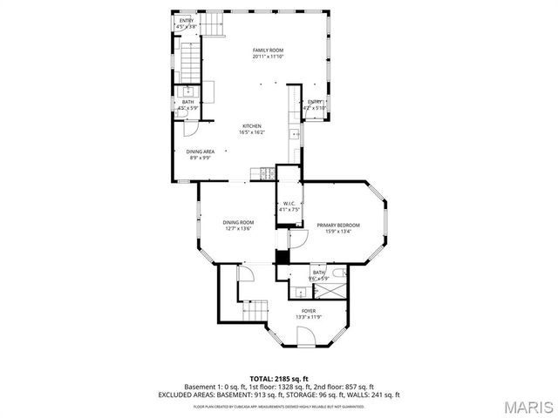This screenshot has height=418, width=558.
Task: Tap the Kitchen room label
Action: (252, 126)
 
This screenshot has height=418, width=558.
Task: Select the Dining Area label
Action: (201, 152)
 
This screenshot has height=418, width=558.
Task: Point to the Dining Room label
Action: (238, 222)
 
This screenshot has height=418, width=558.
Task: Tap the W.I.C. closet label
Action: (289, 204)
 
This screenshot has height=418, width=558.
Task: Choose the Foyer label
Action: (309, 311)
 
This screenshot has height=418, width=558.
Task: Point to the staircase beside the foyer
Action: (255, 310)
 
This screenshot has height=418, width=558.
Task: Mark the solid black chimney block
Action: (282, 257)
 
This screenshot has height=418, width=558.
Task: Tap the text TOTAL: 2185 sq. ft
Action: (279, 378)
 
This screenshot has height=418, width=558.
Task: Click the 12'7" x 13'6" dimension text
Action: (238, 228)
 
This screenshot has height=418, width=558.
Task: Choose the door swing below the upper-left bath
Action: (196, 126)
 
